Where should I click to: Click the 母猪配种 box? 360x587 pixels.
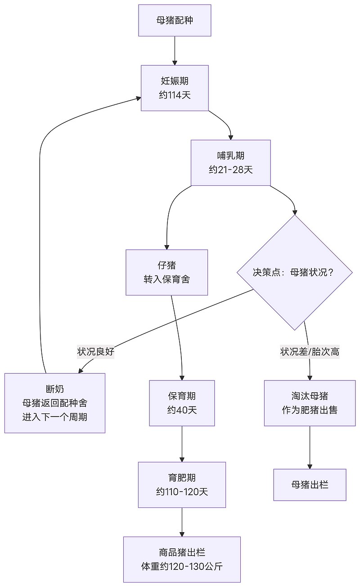pos(175,20)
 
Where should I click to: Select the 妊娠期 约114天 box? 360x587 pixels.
pos(175,88)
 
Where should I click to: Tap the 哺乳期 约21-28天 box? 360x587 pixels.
pos(230,162)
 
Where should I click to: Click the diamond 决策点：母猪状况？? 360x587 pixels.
pos(295,273)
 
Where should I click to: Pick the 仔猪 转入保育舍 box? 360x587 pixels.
pos(166,272)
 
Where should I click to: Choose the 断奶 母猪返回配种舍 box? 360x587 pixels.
pos(55,403)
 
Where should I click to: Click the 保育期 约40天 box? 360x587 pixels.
pos(182,403)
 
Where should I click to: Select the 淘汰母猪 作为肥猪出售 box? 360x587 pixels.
pos(310,403)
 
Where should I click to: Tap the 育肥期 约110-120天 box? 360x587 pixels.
pos(182,484)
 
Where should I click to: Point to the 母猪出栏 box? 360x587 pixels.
pos(310,484)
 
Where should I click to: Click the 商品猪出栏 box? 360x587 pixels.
pos(182,559)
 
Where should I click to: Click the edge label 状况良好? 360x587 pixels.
pos(96,352)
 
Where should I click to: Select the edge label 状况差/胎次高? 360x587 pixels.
pos(310,352)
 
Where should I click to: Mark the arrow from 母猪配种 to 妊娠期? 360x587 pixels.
pos(175,50)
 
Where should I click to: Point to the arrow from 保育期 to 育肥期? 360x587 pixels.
pos(182,444)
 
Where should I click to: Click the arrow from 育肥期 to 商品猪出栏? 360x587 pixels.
pos(182,522)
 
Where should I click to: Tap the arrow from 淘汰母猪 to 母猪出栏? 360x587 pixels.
pos(310,447)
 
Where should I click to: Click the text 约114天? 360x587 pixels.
pos(175,95)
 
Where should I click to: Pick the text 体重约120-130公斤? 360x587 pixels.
pos(182,566)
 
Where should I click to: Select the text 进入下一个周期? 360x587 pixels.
pos(55,417)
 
